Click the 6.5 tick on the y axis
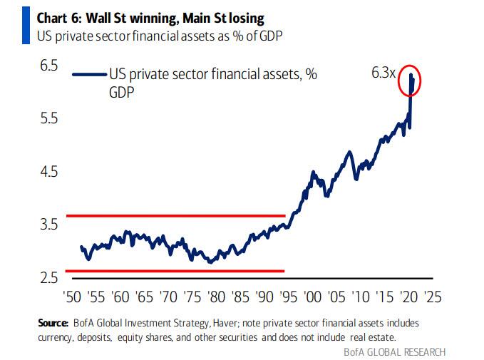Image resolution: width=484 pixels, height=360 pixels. pos(47,66)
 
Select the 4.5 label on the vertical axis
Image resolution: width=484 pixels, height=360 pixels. pos(47,172)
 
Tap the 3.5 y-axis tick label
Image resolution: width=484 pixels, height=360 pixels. pos(47,225)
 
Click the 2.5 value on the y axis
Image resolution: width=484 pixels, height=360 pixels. pos(47,277)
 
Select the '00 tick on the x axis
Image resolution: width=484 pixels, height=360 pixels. pos(311,295)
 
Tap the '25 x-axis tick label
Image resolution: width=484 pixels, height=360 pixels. pos(432,295)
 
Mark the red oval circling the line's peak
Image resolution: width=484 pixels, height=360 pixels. pos(412,82)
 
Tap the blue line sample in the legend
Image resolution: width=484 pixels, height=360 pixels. pos(89,74)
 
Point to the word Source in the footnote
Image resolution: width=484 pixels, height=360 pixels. pos(52,323)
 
